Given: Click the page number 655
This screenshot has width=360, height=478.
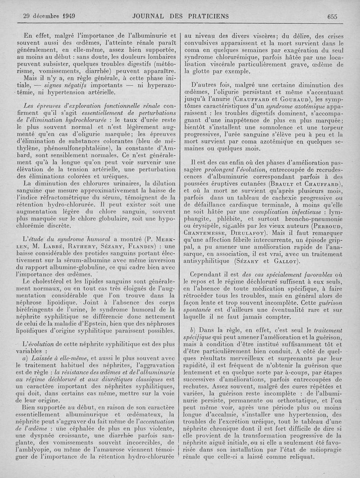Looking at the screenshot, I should coord(333,17).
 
